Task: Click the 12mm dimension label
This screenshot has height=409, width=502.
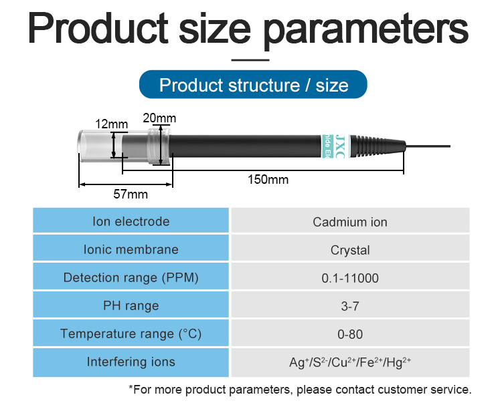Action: (111, 124)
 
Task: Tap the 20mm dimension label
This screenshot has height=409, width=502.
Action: (159, 118)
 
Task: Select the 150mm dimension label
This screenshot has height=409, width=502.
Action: (268, 179)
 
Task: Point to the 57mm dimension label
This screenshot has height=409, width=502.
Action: (131, 194)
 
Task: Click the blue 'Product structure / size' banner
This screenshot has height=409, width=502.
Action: (253, 84)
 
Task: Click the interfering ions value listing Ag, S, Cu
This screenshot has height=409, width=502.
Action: (350, 362)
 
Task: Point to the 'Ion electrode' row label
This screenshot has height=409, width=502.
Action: (131, 221)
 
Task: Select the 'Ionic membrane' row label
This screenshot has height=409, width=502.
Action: (131, 249)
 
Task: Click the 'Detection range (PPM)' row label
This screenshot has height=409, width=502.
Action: (131, 277)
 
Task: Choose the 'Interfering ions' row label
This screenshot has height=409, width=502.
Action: (131, 362)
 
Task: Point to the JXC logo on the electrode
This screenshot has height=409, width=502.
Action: (339, 146)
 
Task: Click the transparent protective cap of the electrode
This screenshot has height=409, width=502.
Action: (100, 146)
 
